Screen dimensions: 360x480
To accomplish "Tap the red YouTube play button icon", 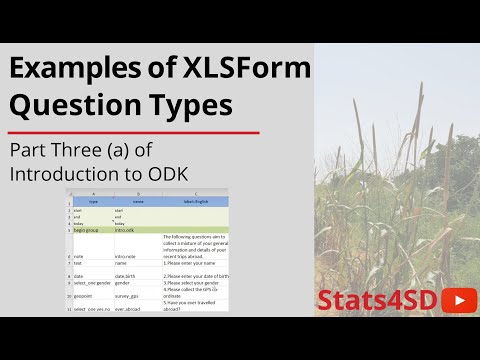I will coord(458,300).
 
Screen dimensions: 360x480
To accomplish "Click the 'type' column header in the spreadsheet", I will coord(91,201).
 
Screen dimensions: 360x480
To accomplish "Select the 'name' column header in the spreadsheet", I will coord(136,201).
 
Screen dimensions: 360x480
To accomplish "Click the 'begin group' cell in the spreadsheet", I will coord(90,229).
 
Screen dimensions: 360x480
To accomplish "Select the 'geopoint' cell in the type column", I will coord(85,296).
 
